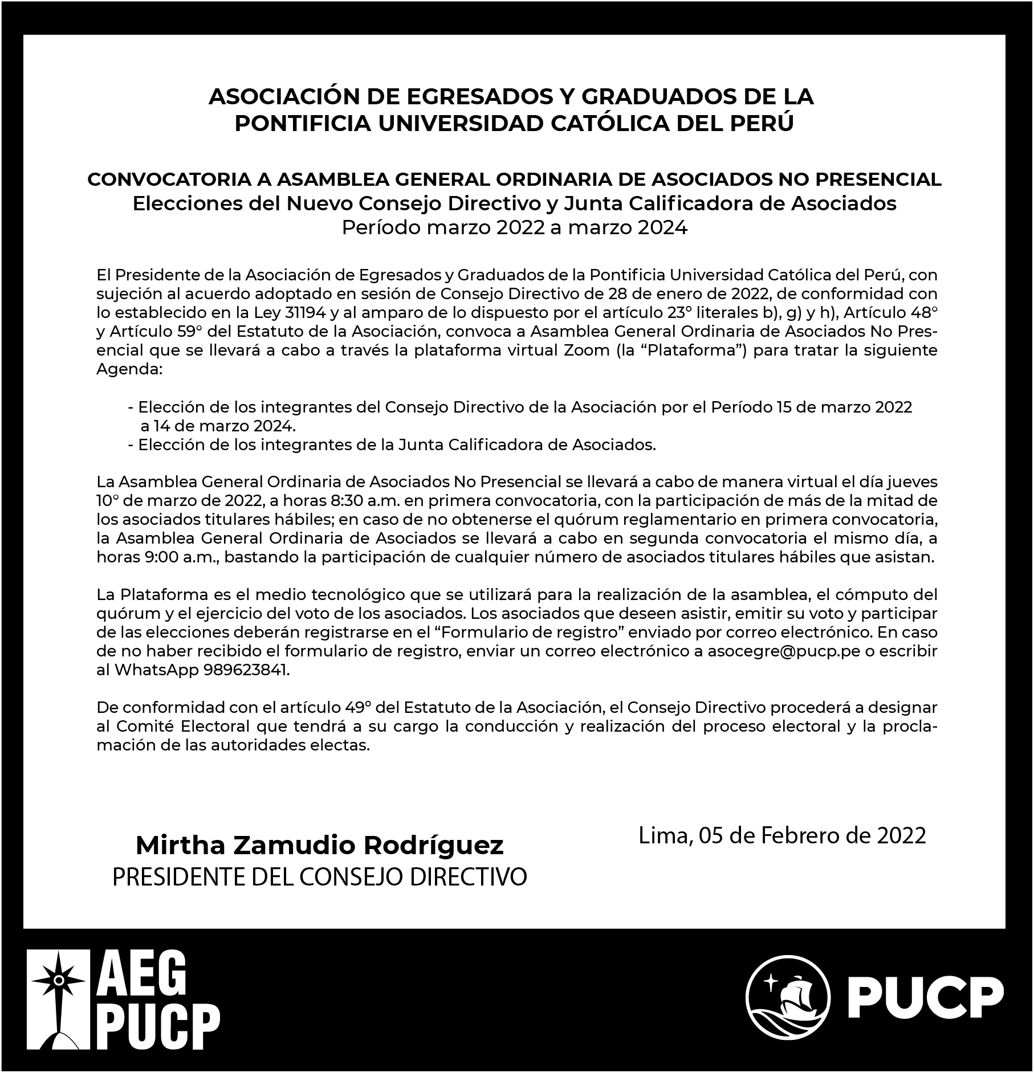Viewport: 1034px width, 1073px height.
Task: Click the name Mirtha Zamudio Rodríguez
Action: pyautogui.click(x=319, y=846)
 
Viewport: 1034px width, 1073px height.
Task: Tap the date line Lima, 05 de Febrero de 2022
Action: pyautogui.click(x=782, y=835)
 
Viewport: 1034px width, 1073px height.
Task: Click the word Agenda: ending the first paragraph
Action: pyautogui.click(x=129, y=369)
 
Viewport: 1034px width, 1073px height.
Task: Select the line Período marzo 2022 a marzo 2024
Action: pyautogui.click(x=514, y=228)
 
